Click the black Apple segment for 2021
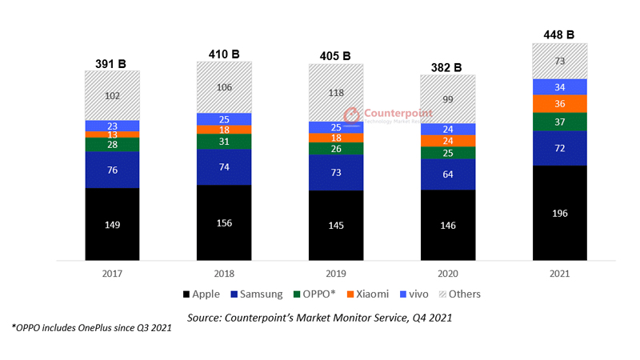click(560, 213)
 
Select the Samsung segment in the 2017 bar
click(113, 170)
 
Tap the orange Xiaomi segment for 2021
click(560, 104)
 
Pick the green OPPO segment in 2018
click(225, 141)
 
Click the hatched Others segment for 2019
click(336, 92)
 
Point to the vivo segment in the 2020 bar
click(448, 130)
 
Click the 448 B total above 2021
click(559, 34)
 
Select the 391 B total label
click(112, 62)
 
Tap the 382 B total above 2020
click(448, 66)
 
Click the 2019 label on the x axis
click(336, 273)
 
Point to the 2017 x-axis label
click(112, 273)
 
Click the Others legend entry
click(458, 294)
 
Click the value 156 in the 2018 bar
click(225, 222)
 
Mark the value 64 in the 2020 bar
click(448, 174)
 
